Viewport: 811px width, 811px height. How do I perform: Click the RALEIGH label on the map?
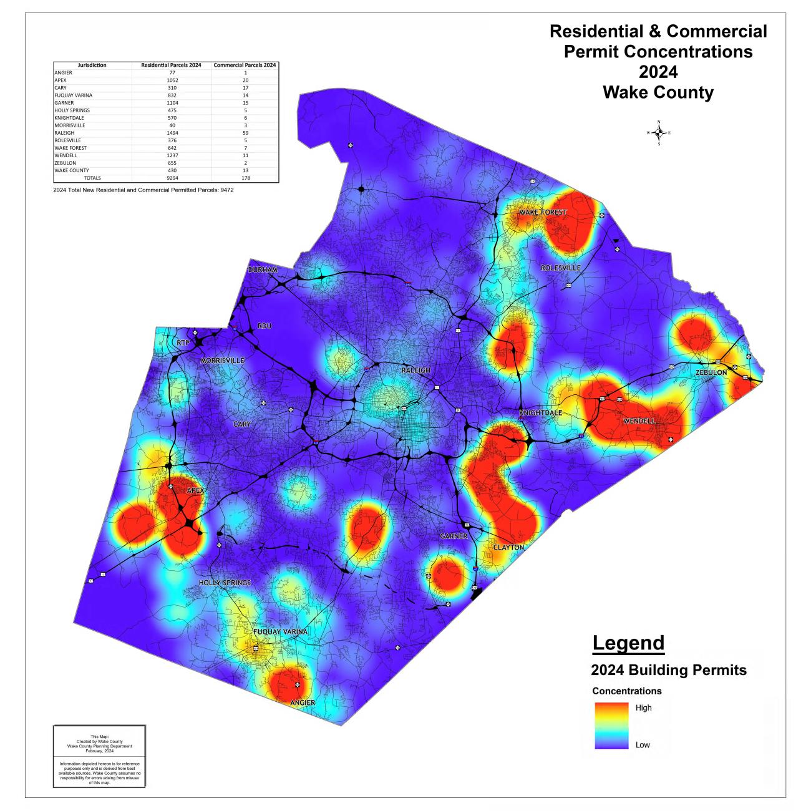[415, 370]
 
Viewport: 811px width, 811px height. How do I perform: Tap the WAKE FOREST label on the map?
[543, 212]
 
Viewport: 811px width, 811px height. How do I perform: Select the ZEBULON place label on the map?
[711, 372]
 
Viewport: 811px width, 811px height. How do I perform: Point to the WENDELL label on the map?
[639, 421]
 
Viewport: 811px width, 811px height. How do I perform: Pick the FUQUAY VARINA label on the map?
[280, 632]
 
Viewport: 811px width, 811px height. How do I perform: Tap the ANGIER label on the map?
[303, 703]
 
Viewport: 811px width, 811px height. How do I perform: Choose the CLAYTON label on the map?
[508, 547]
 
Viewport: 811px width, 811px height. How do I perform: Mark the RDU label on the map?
[265, 326]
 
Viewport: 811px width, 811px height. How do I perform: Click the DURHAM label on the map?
[263, 270]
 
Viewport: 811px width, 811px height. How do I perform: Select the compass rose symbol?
[659, 133]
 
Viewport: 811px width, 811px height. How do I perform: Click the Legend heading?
[628, 643]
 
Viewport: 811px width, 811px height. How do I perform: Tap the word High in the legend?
[643, 707]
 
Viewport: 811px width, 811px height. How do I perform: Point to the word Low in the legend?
[643, 745]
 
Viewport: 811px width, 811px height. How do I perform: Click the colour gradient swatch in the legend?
[611, 726]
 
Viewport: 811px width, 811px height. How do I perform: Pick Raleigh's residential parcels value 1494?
[172, 133]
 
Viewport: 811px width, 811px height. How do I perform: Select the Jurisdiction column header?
[92, 65]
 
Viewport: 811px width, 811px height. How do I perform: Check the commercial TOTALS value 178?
[246, 178]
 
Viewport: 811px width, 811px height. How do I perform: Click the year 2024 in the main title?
[658, 72]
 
